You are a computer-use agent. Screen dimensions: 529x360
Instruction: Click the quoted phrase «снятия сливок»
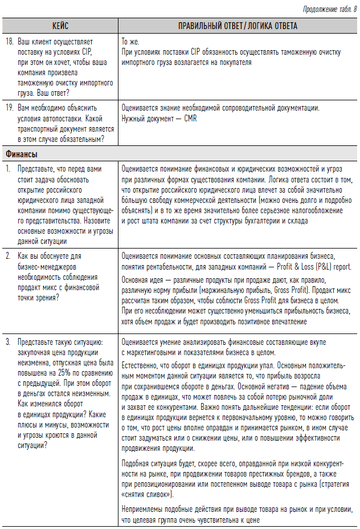tap(148, 494)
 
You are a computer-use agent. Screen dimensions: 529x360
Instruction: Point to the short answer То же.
tap(130, 42)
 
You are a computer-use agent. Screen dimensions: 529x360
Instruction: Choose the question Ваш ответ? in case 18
tap(52, 93)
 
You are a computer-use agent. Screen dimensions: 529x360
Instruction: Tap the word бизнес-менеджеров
tap(47, 266)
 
